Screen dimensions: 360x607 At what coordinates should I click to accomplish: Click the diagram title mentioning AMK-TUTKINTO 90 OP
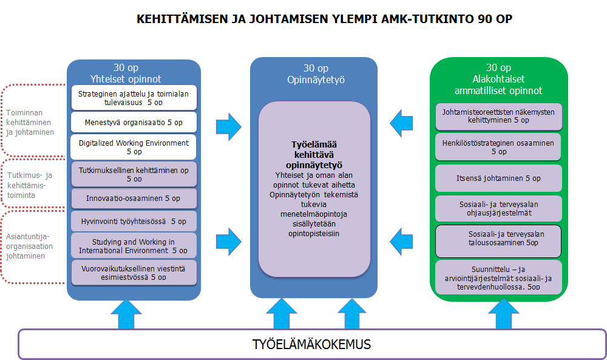[324, 19]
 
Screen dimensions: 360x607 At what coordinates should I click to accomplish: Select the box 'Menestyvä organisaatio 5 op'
[134, 122]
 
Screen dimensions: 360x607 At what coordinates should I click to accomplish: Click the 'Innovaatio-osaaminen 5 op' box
[134, 199]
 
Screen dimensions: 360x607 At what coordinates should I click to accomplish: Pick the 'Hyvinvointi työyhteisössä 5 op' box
[134, 222]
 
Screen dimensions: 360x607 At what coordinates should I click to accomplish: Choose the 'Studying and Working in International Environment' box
[134, 246]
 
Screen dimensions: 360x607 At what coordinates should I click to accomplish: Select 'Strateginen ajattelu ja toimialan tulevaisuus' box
[134, 98]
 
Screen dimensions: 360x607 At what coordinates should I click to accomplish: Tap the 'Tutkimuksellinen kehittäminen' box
[134, 174]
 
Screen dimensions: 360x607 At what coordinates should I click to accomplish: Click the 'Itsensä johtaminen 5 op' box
[498, 178]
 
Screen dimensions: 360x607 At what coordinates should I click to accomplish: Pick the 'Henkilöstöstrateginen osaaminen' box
[498, 147]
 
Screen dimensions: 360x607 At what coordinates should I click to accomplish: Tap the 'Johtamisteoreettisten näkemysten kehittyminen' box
[498, 116]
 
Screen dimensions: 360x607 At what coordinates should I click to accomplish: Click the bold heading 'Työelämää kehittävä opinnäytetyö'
[314, 154]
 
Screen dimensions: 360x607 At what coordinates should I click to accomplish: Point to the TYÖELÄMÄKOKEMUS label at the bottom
[311, 345]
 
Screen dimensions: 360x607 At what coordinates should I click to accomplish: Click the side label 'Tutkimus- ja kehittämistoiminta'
[29, 186]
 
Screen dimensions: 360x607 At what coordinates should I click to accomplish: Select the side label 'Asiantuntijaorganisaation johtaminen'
[30, 246]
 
